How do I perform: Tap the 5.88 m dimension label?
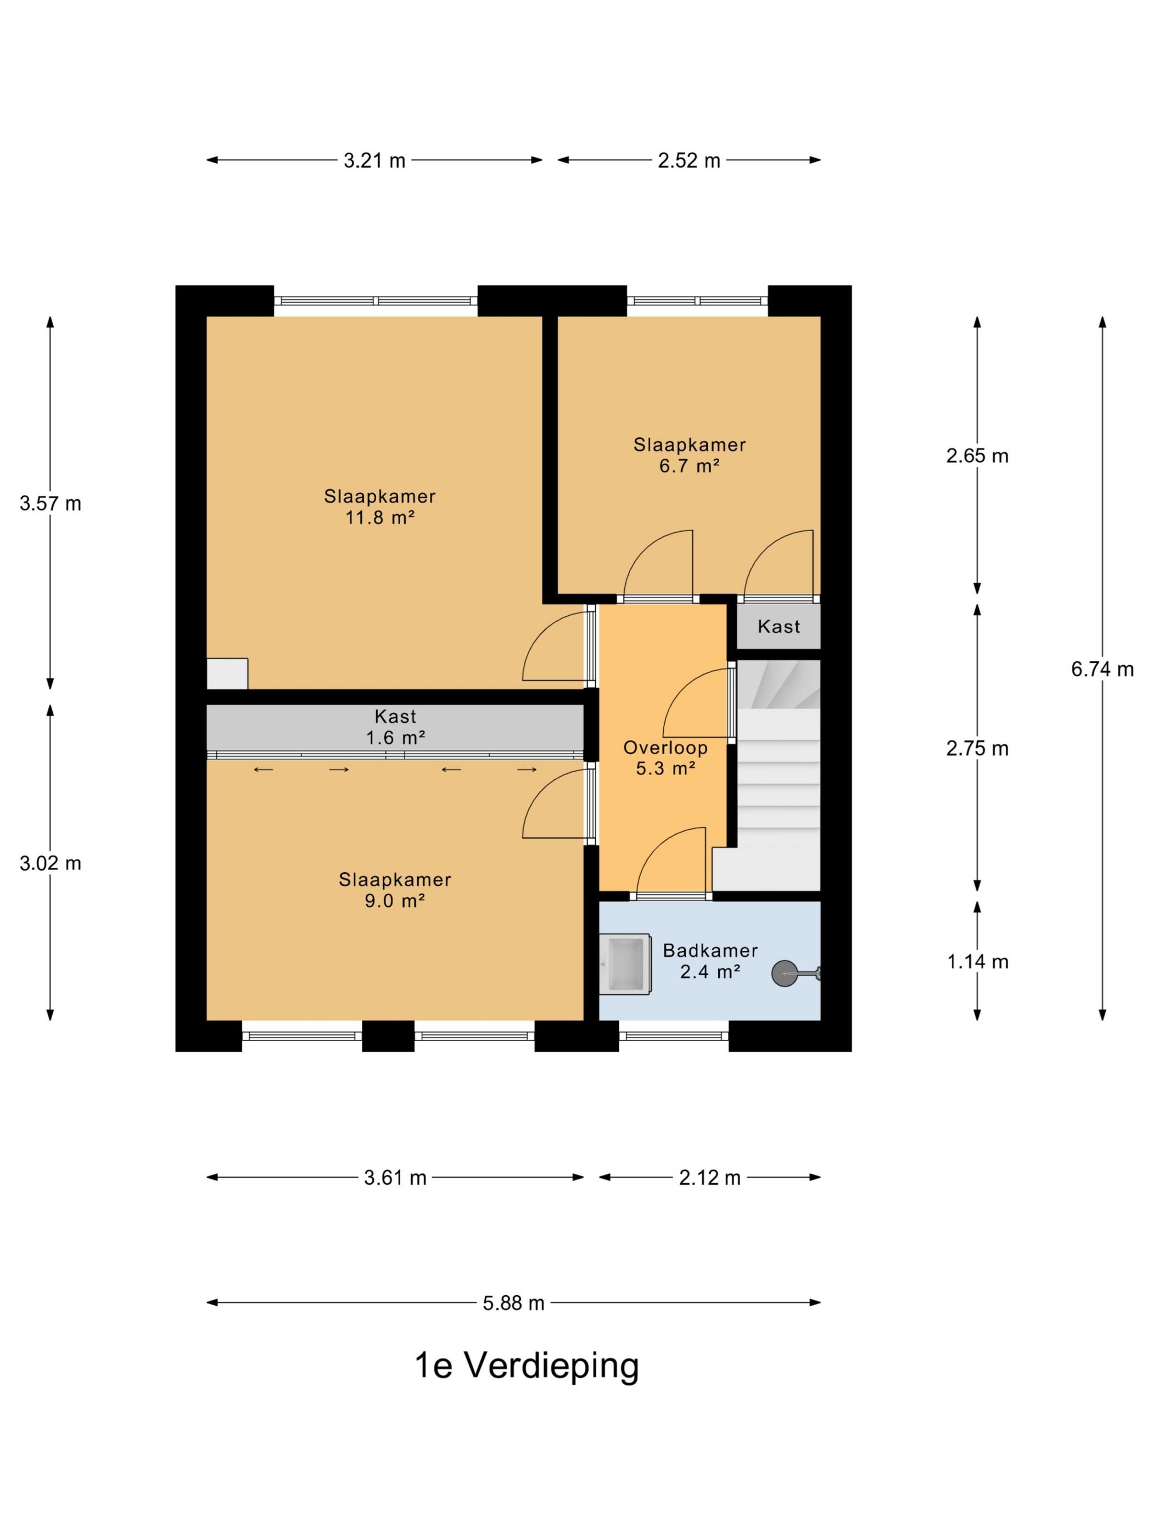tap(513, 1303)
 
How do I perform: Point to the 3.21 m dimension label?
tap(374, 160)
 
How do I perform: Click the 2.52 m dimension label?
tap(689, 160)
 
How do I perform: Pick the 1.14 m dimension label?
tap(977, 962)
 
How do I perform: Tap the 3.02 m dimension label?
tap(50, 863)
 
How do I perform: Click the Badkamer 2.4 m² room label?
tap(709, 961)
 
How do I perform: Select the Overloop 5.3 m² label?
tap(665, 758)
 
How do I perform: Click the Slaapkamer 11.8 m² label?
tap(379, 507)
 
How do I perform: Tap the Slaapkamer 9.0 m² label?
tap(395, 890)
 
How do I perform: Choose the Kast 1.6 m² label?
tap(395, 727)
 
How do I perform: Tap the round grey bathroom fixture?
tap(785, 973)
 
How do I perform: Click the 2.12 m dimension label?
tap(709, 1178)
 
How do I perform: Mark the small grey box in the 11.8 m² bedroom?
tap(227, 674)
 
